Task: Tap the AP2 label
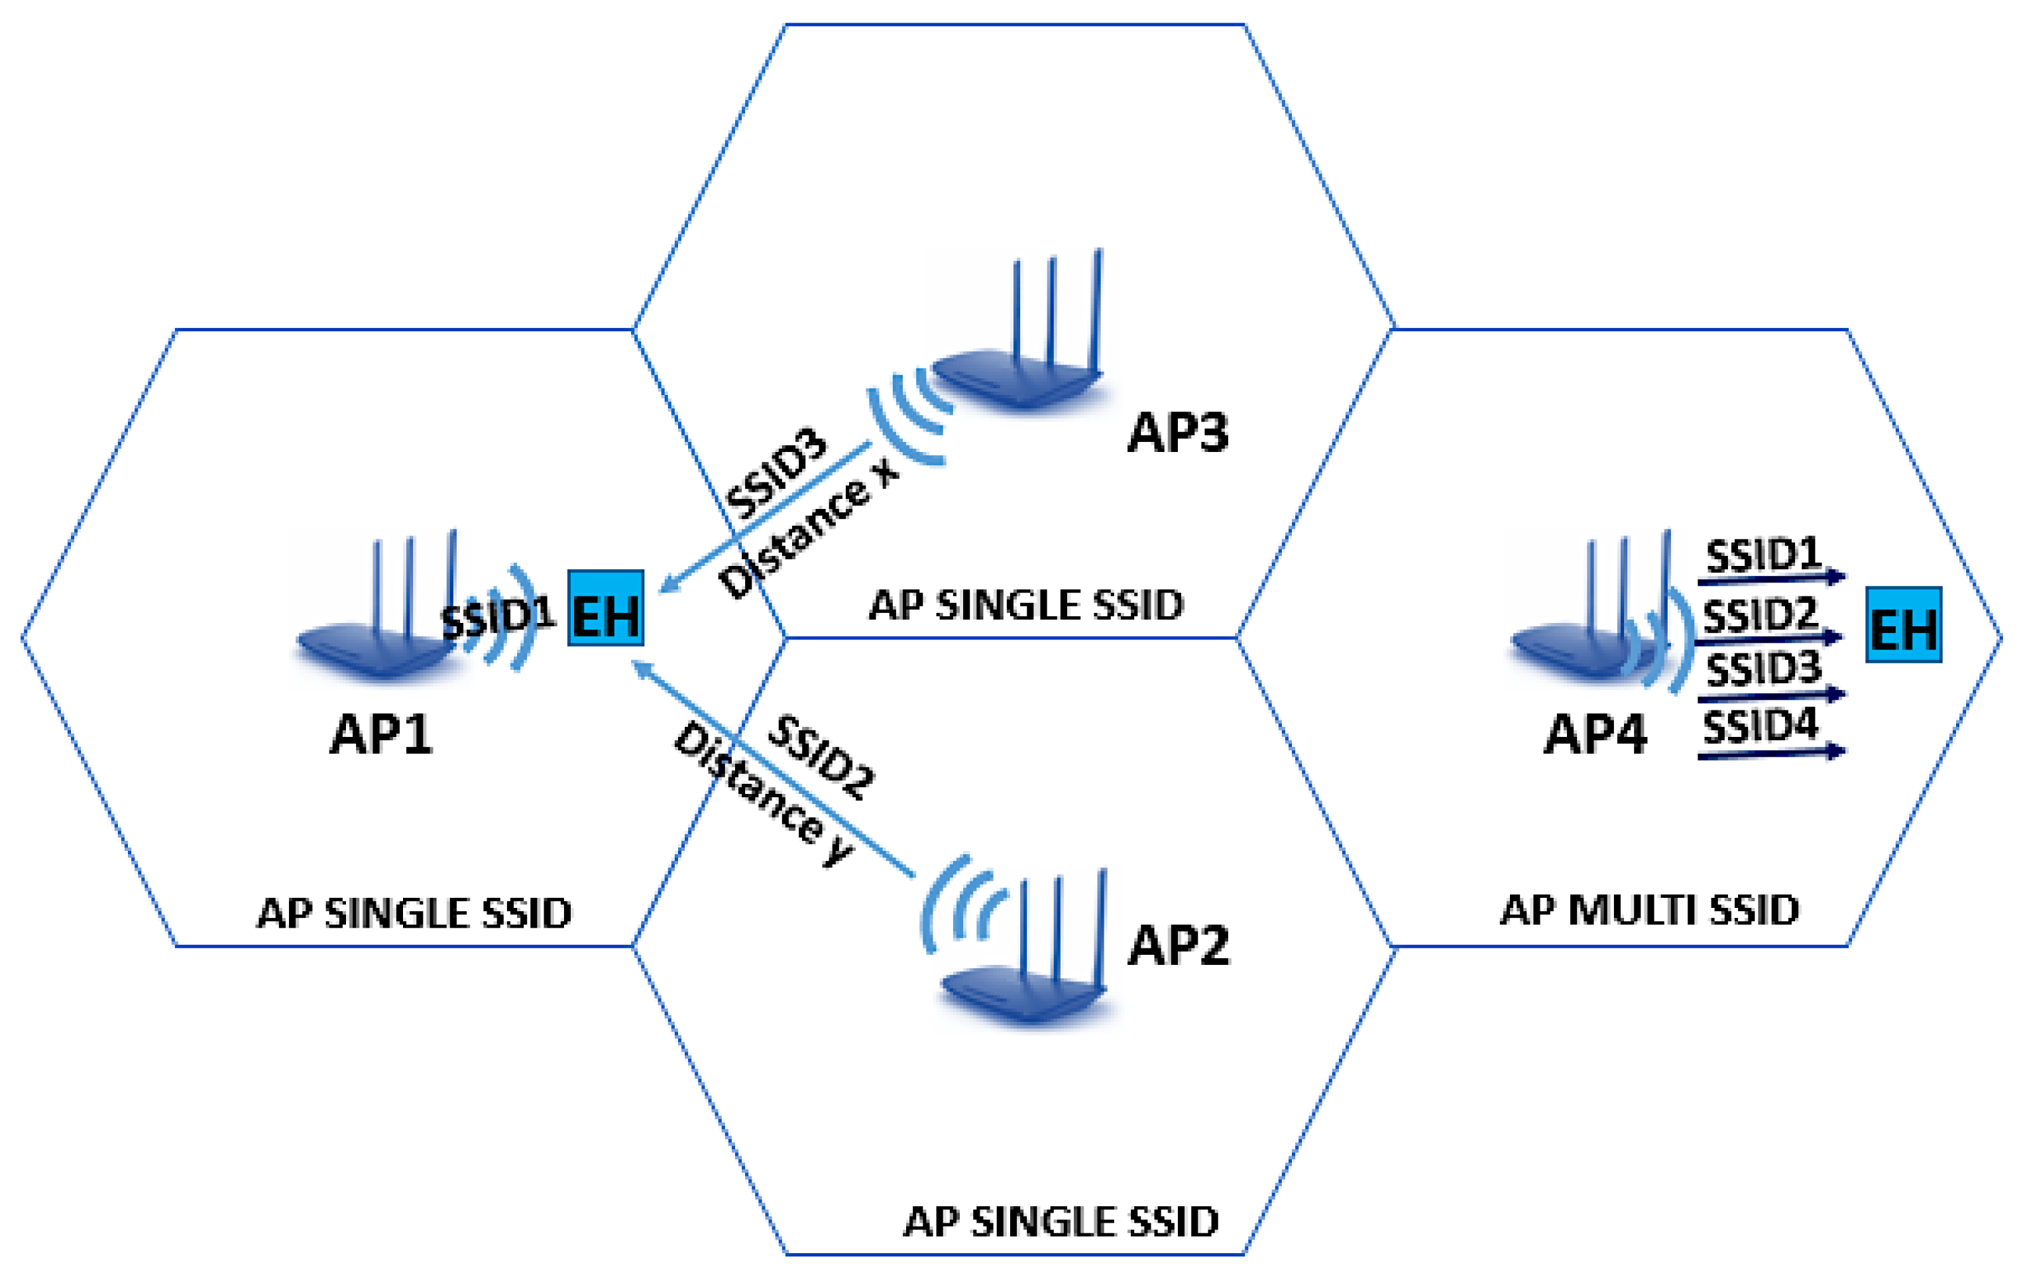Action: pyautogui.click(x=1178, y=945)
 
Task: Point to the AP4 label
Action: pyautogui.click(x=1595, y=734)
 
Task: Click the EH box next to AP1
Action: pyautogui.click(x=606, y=608)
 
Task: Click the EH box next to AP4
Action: pyautogui.click(x=1904, y=625)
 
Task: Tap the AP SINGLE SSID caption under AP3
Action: pyautogui.click(x=1026, y=606)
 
